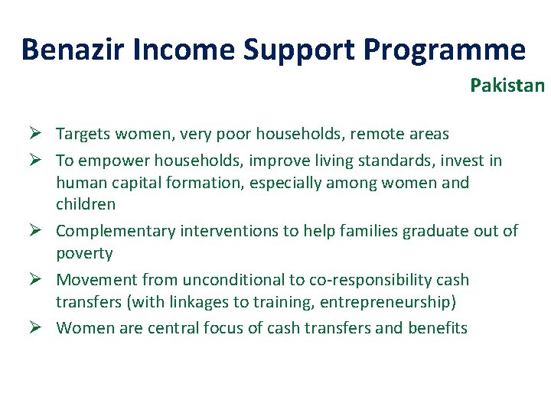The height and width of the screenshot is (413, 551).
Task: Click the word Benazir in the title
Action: tap(73, 49)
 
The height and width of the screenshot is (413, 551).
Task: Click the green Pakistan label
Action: tap(507, 86)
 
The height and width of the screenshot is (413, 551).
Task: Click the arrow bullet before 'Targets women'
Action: tap(36, 134)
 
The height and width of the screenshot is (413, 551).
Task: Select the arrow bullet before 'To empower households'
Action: tap(36, 161)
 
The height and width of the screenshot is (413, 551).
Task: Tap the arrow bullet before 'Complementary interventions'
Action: tap(36, 231)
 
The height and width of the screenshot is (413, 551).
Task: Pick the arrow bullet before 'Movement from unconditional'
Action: tap(36, 280)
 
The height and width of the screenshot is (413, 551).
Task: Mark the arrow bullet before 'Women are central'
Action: tap(36, 328)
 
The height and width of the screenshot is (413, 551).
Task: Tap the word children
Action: tap(86, 204)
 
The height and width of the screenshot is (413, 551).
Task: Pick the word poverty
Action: tap(84, 253)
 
